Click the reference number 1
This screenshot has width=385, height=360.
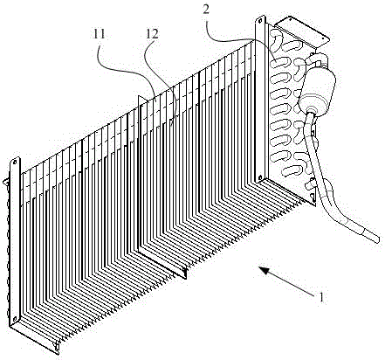321,297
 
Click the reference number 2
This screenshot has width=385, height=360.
206,10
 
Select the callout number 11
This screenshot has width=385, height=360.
99,35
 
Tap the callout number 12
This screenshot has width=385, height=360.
153,35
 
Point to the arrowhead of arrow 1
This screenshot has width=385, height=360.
264,270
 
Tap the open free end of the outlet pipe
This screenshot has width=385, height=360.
377,239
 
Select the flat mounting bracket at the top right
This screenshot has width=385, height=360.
301,32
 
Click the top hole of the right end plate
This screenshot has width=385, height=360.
260,21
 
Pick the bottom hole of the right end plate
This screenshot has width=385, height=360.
259,177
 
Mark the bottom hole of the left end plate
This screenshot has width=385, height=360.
14,317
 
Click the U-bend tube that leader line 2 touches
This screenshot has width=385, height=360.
280,64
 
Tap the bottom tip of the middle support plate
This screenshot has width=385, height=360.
185,278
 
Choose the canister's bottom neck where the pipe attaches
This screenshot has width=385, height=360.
311,112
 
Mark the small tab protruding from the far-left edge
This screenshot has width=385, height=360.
6,183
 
